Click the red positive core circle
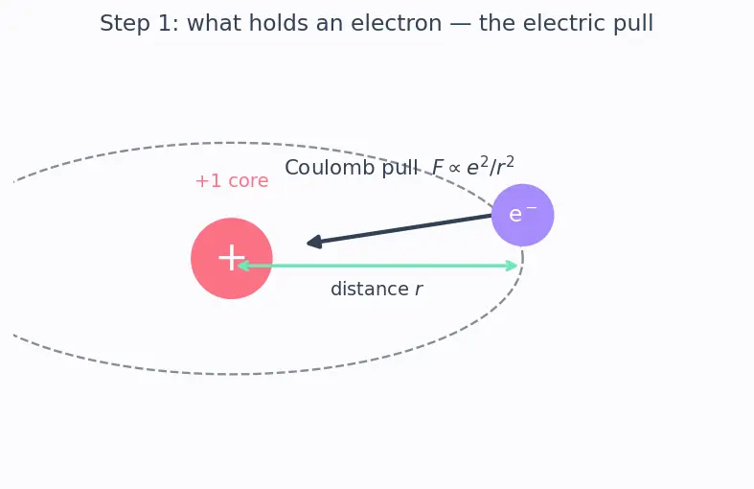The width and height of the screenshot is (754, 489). click(232, 259)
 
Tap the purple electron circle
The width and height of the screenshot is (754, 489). click(523, 215)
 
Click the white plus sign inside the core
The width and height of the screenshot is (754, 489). click(232, 258)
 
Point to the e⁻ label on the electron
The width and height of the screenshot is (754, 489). click(523, 214)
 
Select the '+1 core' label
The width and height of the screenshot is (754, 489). click(232, 181)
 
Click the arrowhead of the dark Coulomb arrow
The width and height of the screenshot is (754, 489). click(314, 242)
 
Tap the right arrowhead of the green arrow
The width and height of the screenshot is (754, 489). click(512, 266)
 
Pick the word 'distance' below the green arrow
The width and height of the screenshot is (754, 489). click(369, 289)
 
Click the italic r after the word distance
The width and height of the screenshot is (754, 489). click(419, 290)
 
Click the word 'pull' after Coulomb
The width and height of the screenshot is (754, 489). click(400, 168)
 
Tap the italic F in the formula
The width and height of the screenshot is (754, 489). click(437, 168)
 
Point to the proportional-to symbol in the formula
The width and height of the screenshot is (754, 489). click(454, 168)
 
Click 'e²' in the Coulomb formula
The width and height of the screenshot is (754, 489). click(477, 166)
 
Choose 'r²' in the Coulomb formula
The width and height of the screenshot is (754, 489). click(505, 166)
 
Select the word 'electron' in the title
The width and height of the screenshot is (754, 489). click(397, 23)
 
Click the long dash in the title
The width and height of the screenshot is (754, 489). click(461, 24)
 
